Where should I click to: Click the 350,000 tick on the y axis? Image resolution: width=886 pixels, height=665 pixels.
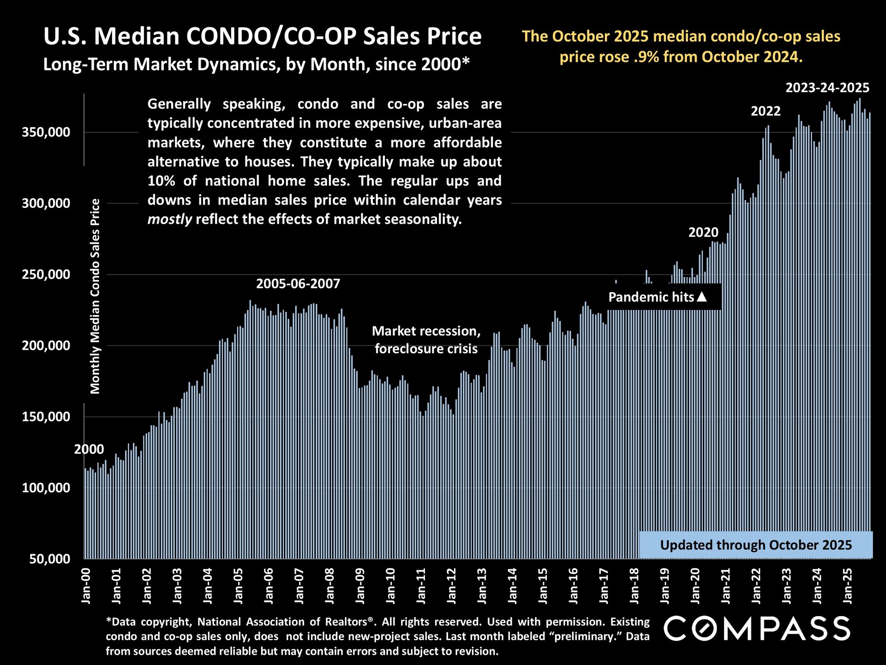(46, 133)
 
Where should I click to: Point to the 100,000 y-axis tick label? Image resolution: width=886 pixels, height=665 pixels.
(46, 488)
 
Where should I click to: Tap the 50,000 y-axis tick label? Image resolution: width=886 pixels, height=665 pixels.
(49, 559)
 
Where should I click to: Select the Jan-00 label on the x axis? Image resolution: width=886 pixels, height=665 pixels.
(86, 586)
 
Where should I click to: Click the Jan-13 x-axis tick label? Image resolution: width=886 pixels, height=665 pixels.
(482, 586)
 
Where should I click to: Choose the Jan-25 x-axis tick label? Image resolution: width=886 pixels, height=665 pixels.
(848, 586)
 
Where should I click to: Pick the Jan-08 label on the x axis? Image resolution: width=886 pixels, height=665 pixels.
(329, 586)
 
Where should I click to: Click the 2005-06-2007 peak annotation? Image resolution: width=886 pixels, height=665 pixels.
(298, 284)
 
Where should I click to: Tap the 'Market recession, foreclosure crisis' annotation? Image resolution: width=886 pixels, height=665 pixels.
(426, 339)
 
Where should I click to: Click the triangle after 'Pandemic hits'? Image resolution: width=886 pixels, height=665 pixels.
(701, 296)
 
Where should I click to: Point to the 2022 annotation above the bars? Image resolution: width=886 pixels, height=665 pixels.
(766, 111)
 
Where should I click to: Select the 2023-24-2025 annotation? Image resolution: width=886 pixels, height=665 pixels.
(827, 88)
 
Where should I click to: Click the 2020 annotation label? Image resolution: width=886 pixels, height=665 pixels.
(703, 232)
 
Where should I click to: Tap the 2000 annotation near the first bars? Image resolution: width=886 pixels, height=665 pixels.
(89, 449)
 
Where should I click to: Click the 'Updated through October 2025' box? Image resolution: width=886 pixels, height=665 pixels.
(755, 545)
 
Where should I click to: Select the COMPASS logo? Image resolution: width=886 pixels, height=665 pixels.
(757, 629)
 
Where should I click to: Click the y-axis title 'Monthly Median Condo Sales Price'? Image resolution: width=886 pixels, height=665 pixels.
(95, 296)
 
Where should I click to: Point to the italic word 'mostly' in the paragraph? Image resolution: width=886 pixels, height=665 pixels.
(169, 219)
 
